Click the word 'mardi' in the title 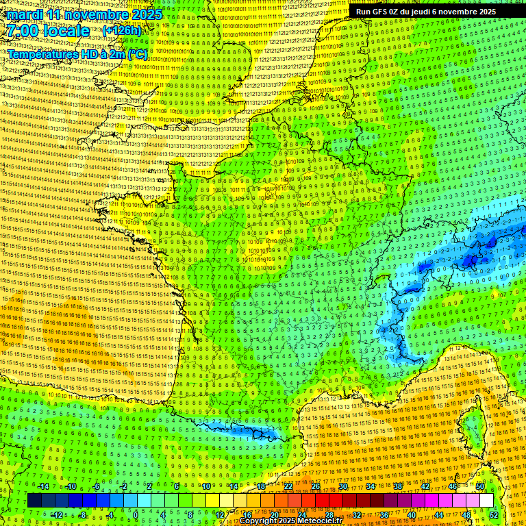point(24,14)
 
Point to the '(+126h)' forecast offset point(122,31)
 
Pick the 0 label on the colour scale point(136,514)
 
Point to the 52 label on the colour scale point(494,514)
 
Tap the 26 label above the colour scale point(316,486)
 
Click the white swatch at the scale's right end point(486,501)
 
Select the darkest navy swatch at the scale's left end point(35,501)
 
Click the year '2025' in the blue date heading point(146,14)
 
